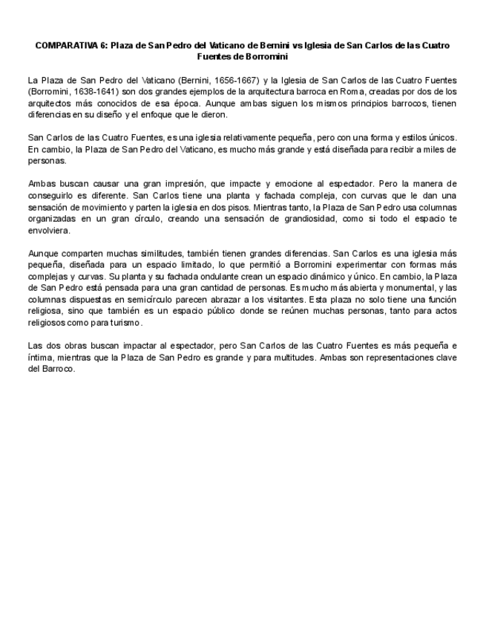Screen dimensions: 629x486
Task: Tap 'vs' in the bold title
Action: (x=298, y=45)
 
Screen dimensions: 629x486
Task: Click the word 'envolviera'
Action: (x=49, y=231)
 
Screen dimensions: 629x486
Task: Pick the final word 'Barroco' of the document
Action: (x=60, y=369)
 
